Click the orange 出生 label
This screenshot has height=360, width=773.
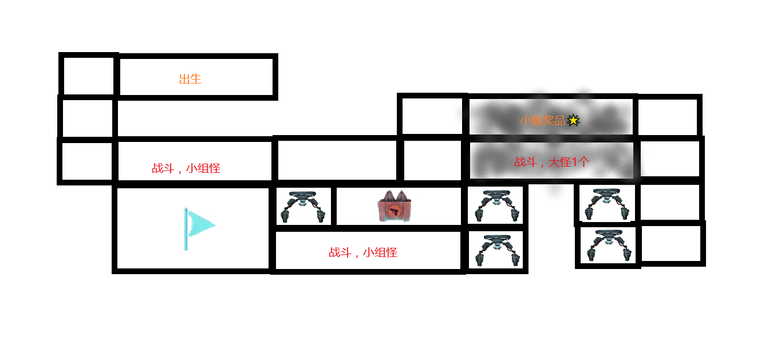click(x=190, y=79)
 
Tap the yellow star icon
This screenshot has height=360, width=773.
click(x=573, y=120)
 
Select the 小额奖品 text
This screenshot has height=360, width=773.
click(x=542, y=120)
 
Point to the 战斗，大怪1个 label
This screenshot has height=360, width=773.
click(x=551, y=162)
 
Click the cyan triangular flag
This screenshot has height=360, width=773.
click(x=200, y=224)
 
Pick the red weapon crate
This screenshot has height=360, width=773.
click(x=395, y=206)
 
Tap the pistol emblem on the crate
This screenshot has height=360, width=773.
click(x=393, y=211)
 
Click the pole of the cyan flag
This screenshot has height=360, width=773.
click(x=186, y=229)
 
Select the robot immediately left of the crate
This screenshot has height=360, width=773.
click(x=303, y=207)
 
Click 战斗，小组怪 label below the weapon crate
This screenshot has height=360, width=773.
click(x=363, y=252)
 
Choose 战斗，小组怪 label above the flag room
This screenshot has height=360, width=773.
click(x=186, y=168)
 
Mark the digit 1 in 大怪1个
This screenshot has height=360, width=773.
click(x=574, y=162)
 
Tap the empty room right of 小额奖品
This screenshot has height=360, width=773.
click(x=668, y=117)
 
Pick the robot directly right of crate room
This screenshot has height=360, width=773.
click(x=496, y=205)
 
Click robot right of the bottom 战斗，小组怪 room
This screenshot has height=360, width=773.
click(x=496, y=250)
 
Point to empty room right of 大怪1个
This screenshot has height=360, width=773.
click(x=670, y=159)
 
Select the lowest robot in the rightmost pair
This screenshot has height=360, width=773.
click(x=609, y=246)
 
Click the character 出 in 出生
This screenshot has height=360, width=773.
click(x=184, y=79)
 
